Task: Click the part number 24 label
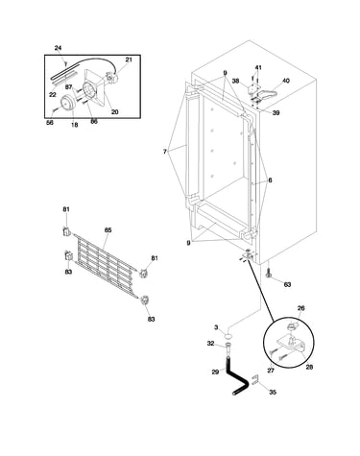pyautogui.click(x=58, y=48)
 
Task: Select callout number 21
pyautogui.click(x=129, y=60)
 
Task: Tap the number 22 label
pyautogui.click(x=53, y=94)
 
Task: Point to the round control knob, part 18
pyautogui.click(x=68, y=104)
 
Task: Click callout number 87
pyautogui.click(x=68, y=87)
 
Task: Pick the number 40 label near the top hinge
pyautogui.click(x=286, y=81)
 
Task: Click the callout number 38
pyautogui.click(x=235, y=81)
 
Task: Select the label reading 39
pyautogui.click(x=276, y=112)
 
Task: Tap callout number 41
pyautogui.click(x=258, y=67)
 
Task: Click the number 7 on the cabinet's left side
pyautogui.click(x=165, y=152)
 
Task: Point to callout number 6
pyautogui.click(x=270, y=180)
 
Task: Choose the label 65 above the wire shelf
pyautogui.click(x=108, y=230)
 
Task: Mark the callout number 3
pyautogui.click(x=216, y=327)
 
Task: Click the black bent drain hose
pyautogui.click(x=238, y=375)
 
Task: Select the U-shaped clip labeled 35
pyautogui.click(x=255, y=379)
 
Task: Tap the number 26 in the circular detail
pyautogui.click(x=301, y=308)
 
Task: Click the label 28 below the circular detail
pyautogui.click(x=309, y=367)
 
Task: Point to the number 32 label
pyautogui.click(x=210, y=344)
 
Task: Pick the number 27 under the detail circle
pyautogui.click(x=271, y=371)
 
